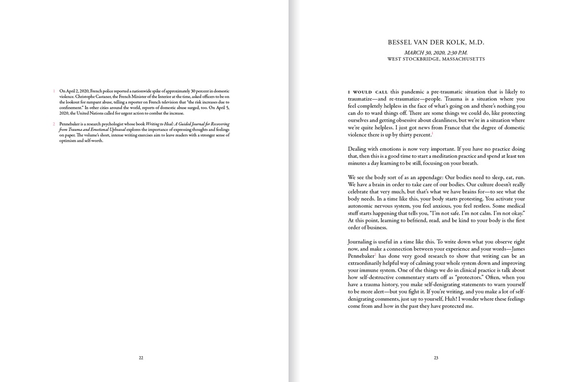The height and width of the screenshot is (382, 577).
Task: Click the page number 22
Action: (x=141, y=357)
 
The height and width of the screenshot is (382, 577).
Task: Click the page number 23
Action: (x=436, y=357)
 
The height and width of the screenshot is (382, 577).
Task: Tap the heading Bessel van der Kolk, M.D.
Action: (x=436, y=42)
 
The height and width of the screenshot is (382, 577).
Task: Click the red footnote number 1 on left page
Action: (x=54, y=91)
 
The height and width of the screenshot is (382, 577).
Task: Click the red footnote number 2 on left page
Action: (x=54, y=124)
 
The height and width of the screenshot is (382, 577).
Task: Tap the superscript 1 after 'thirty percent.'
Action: (x=432, y=133)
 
